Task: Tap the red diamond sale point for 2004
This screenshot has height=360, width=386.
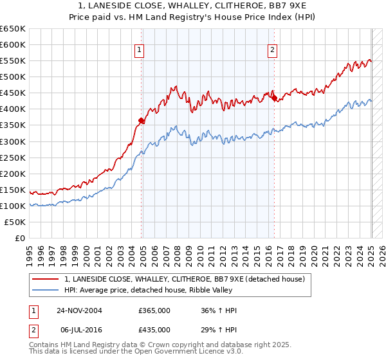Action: tap(142, 120)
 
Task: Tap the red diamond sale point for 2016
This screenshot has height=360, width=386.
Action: tap(274, 98)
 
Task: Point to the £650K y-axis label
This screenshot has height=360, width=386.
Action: tap(13, 29)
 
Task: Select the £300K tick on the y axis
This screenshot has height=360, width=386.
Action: tap(13, 141)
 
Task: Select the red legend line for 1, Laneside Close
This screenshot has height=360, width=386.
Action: tap(46, 279)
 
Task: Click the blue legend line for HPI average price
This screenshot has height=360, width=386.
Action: tap(46, 291)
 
